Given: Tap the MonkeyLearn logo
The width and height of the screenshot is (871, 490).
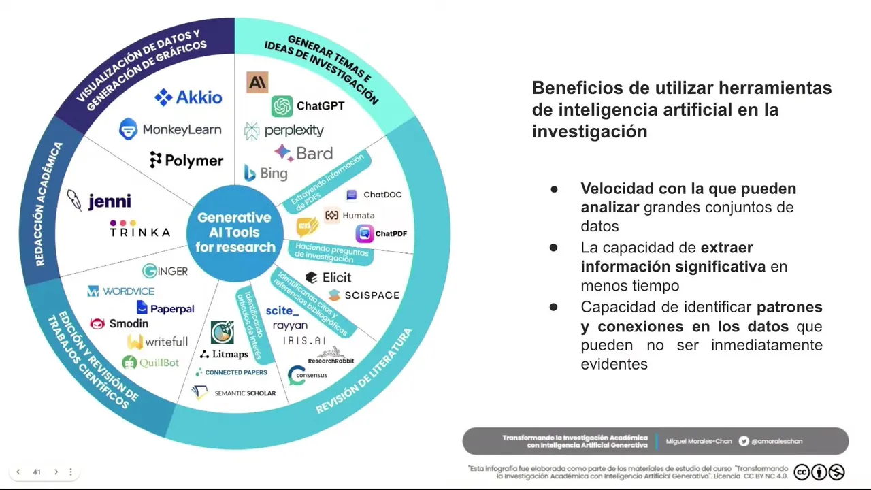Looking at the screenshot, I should coord(170,129).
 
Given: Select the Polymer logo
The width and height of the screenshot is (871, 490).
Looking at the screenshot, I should coord(186,161).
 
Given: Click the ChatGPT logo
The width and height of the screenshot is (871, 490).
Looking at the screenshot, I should coord(308,106).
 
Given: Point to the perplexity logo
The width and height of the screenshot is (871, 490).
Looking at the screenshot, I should coord(284,130).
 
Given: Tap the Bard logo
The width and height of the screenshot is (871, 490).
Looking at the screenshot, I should coord(303,153).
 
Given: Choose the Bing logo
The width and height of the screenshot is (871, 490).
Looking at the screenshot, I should coord(266,173).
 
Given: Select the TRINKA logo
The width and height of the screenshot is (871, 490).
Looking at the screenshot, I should coord(139,229).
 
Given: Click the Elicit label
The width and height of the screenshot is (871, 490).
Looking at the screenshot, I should coord(329,277).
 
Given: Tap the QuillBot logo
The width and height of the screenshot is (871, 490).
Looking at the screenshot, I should coord(150,363).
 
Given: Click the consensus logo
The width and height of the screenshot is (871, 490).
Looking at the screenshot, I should coord(308,375).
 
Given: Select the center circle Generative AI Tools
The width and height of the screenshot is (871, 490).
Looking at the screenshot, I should coord(235,232).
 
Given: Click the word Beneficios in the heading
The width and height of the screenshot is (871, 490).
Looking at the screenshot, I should coord(574,88).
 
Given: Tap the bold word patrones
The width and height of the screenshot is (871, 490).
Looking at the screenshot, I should coord(789,307).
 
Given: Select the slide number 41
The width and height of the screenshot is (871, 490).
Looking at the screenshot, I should coord(37,472).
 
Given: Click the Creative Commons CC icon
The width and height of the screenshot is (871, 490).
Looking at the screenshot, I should coord(802,472).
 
